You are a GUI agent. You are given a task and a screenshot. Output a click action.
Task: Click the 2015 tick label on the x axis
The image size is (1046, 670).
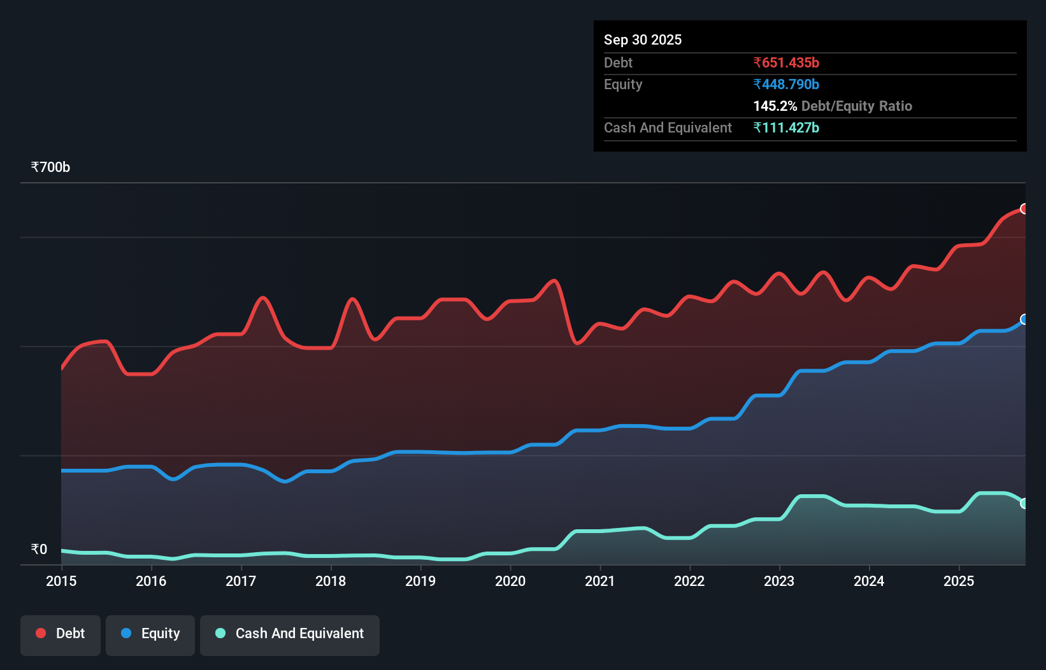(61, 581)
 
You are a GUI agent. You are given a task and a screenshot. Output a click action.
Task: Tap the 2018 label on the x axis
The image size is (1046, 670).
(331, 581)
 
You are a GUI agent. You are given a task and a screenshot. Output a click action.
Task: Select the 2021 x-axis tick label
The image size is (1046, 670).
(600, 581)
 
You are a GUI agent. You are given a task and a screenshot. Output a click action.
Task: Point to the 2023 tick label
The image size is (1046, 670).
(779, 581)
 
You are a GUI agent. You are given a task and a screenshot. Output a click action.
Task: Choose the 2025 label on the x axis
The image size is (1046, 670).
(959, 581)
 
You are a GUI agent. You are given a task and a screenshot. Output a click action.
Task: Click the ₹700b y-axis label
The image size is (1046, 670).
(50, 167)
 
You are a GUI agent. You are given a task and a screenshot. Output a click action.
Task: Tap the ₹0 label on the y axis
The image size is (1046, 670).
(39, 549)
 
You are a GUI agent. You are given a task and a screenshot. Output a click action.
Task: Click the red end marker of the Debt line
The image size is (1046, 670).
(1024, 209)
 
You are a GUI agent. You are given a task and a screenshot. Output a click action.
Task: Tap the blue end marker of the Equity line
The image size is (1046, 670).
(1024, 319)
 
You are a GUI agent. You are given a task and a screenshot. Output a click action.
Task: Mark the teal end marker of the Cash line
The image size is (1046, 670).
(1024, 503)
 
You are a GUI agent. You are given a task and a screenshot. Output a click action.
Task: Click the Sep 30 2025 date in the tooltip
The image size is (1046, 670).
(642, 39)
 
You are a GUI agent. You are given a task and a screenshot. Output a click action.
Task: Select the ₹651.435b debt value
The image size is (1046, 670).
(786, 62)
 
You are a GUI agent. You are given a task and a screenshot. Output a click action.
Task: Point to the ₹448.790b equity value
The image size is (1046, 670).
(786, 84)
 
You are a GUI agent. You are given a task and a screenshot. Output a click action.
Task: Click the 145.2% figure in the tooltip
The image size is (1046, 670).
(775, 106)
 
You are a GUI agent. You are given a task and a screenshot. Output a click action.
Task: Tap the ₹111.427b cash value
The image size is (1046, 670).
(786, 127)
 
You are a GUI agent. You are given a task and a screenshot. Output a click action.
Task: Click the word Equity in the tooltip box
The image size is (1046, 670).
(622, 84)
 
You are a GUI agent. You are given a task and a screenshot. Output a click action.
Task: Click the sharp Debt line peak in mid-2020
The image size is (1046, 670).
(555, 281)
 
